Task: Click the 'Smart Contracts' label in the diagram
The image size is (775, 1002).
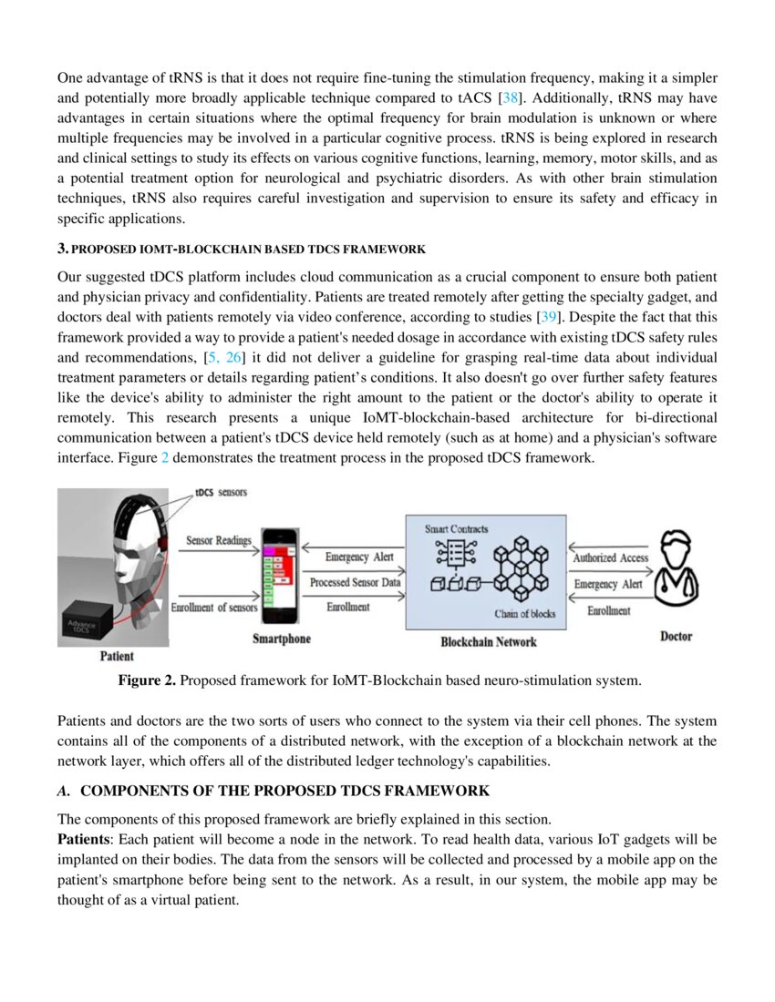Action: tap(456, 528)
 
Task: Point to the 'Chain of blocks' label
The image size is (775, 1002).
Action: tap(524, 614)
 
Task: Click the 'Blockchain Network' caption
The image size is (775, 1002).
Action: tap(488, 641)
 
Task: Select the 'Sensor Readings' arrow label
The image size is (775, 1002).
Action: tap(219, 540)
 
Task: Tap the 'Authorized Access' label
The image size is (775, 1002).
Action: tap(610, 557)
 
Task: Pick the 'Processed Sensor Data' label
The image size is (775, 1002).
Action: tap(355, 582)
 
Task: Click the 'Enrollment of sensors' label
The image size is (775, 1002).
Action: tap(214, 608)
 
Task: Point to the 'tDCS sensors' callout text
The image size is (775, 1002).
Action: tap(221, 492)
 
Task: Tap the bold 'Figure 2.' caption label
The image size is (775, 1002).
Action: tap(148, 680)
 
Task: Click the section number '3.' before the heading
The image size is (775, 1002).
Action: tap(63, 248)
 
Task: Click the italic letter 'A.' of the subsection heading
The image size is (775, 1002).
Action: tap(64, 790)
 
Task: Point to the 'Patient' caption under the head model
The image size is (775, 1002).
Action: tap(116, 656)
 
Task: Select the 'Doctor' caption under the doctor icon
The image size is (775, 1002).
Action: tap(676, 636)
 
